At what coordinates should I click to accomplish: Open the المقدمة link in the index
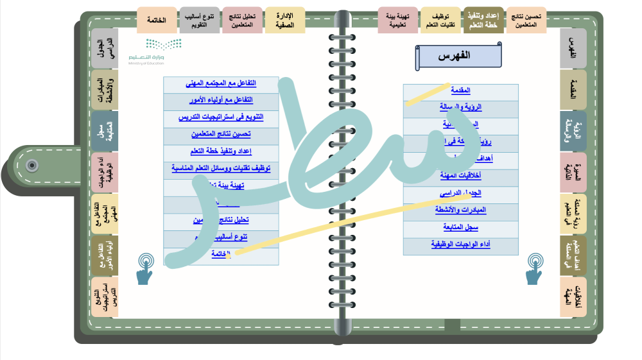pos(461,91)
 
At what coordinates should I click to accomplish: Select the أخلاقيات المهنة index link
pos(461,175)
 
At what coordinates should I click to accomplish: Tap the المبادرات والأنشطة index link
pos(461,210)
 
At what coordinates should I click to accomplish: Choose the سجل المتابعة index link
pos(461,227)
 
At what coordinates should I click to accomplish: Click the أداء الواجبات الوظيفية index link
pos(461,244)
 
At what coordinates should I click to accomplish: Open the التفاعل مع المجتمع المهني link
pos(220,83)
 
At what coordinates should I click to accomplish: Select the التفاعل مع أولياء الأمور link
pos(220,101)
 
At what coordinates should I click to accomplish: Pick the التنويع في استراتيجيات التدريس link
pos(220,117)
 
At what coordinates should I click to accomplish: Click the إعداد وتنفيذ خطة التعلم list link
pos(220,151)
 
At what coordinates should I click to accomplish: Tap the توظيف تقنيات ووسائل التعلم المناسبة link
pos(220,168)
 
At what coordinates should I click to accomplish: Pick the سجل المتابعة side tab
pos(104,130)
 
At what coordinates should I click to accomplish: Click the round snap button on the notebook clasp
pos(31,166)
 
